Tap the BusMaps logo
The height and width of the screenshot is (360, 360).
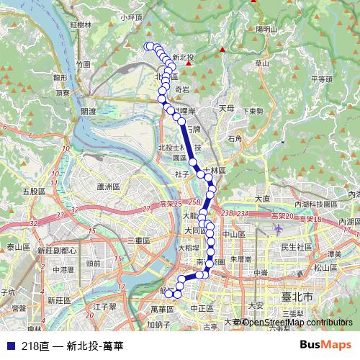pos(325,346)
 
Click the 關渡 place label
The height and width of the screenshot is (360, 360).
pos(89,112)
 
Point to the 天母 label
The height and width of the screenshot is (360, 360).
pos(227,108)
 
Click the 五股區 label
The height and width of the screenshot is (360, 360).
pos(34,192)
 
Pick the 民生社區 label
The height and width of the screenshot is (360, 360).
pos(295,247)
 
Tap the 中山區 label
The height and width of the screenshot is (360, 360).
pos(233,234)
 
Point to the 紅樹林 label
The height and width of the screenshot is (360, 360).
pos(81,24)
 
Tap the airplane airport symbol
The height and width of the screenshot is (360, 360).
pos(279,229)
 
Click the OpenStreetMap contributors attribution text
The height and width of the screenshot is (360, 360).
pos(297,323)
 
